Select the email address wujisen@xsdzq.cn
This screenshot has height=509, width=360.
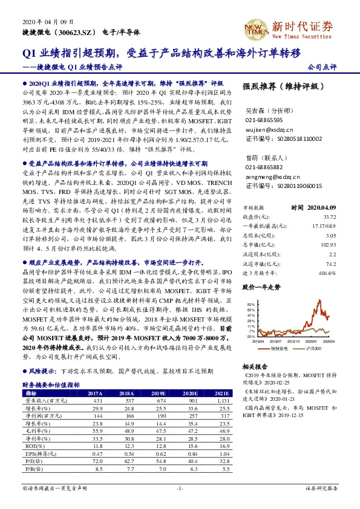point(269,129)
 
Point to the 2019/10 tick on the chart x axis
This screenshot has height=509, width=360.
point(293,341)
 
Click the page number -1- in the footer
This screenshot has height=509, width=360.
point(180,488)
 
